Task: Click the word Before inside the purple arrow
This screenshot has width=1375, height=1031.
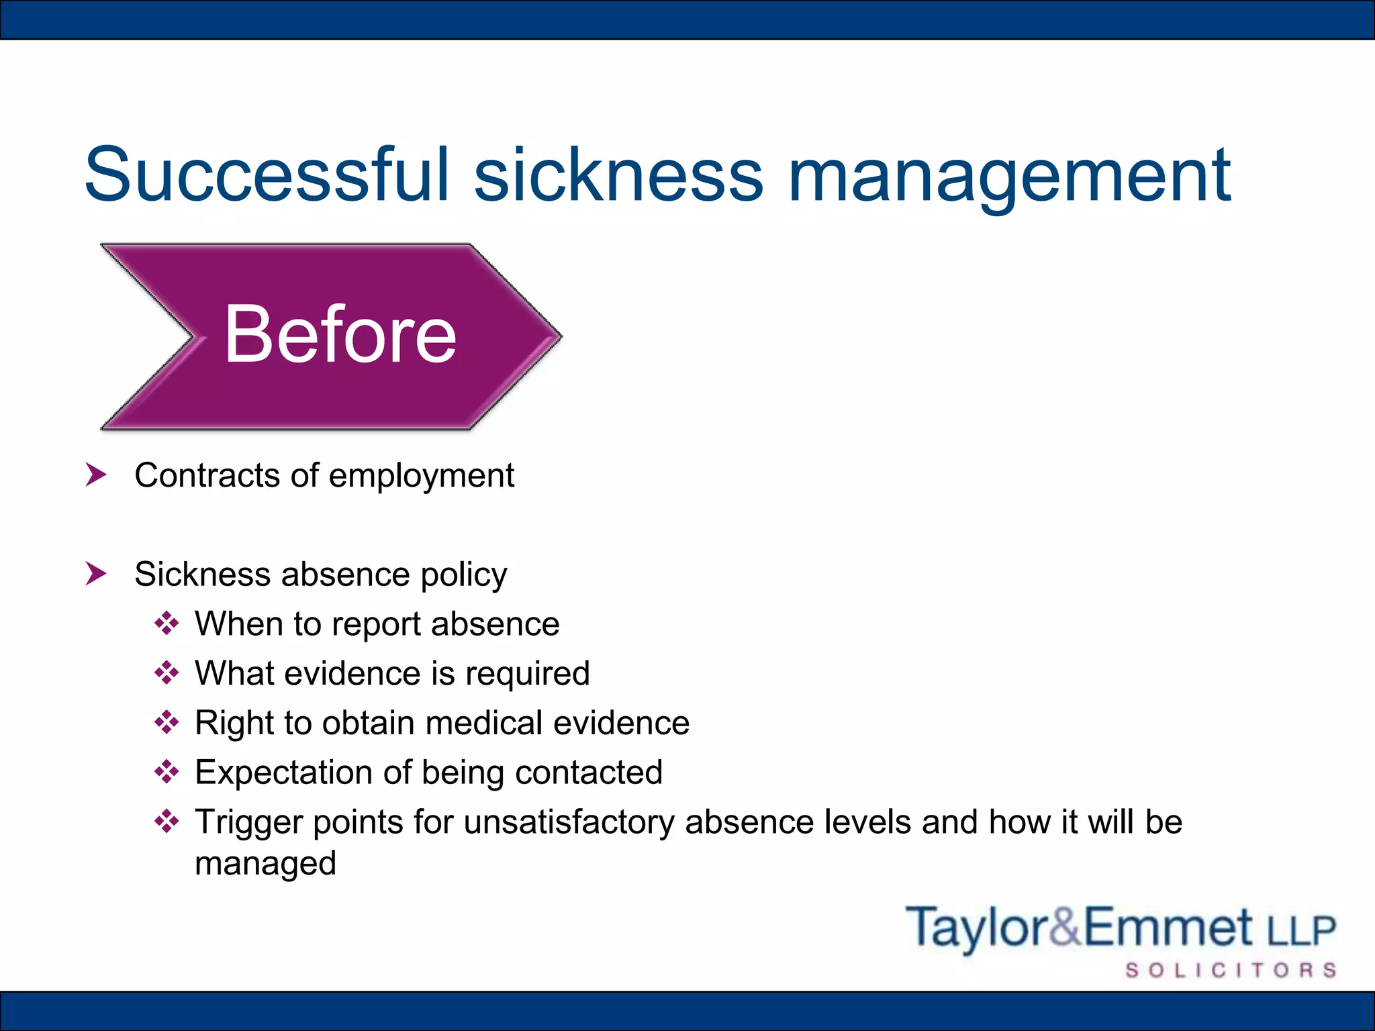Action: [x=340, y=334]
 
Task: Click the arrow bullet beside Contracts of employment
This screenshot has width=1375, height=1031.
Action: [x=96, y=475]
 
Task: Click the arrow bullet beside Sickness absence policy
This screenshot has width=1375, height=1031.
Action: [x=96, y=574]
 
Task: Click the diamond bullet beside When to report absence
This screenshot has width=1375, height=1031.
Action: [x=167, y=624]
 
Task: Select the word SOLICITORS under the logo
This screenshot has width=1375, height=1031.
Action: [x=1231, y=971]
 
